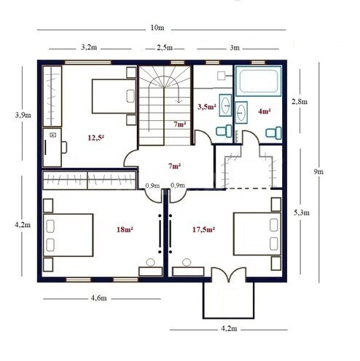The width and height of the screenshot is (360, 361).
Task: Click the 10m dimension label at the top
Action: click(x=157, y=28)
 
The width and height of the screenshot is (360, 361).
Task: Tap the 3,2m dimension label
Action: click(x=90, y=47)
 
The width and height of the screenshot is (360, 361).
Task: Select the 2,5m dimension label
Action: click(x=165, y=47)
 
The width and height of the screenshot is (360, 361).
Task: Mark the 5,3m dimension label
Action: click(x=302, y=212)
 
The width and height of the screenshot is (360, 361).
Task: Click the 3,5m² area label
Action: click(x=208, y=107)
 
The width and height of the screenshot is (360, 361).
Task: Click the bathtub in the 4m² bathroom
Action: click(x=258, y=82)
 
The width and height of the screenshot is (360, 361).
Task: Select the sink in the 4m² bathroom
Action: click(x=241, y=110)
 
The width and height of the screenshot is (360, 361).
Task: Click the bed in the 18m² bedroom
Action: click(x=69, y=234)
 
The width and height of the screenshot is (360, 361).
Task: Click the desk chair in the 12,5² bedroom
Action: click(x=63, y=146)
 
